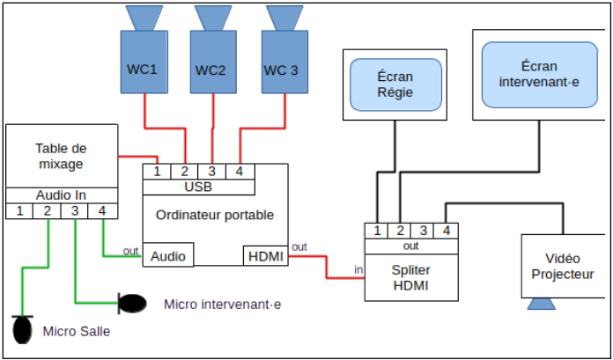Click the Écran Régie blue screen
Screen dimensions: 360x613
(395, 84)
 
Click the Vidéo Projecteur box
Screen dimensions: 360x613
(565, 267)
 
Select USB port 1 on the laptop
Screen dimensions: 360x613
(157, 171)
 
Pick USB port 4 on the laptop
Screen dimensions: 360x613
(240, 171)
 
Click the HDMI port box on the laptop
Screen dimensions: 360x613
(265, 256)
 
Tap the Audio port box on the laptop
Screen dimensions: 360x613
(168, 256)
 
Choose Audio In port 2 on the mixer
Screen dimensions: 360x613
(48, 211)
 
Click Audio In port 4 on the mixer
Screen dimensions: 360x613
(102, 211)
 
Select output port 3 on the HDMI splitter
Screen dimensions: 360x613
(423, 231)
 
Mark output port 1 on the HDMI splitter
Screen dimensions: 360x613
(377, 231)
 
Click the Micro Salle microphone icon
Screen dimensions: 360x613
(22, 330)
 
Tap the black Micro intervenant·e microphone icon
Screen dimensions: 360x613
(133, 304)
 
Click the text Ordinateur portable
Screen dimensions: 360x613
(215, 215)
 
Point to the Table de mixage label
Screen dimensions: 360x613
(61, 156)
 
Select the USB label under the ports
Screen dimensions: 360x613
(198, 187)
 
